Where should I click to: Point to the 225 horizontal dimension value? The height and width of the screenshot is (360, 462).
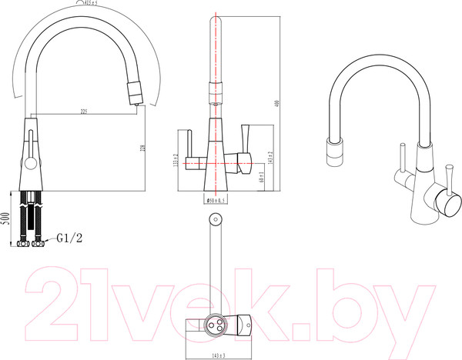click(x=83, y=112)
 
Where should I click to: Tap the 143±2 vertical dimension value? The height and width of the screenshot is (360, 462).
click(x=271, y=158)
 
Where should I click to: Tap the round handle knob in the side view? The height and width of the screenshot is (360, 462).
click(x=28, y=162)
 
